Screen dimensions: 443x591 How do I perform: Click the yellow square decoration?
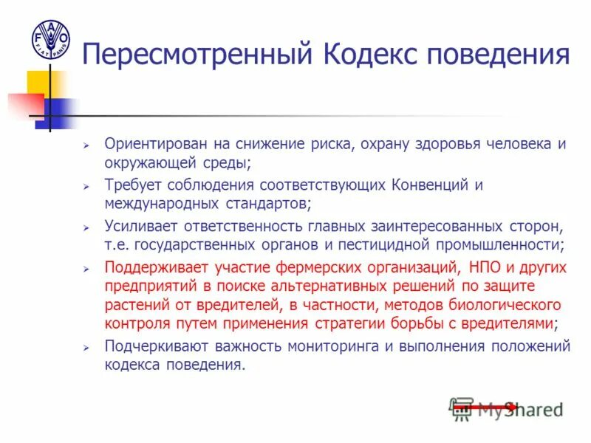(41, 84)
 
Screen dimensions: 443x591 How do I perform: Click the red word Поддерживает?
(154, 267)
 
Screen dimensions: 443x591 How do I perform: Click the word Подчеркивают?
(158, 346)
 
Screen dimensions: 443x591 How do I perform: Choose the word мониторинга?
(334, 346)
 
